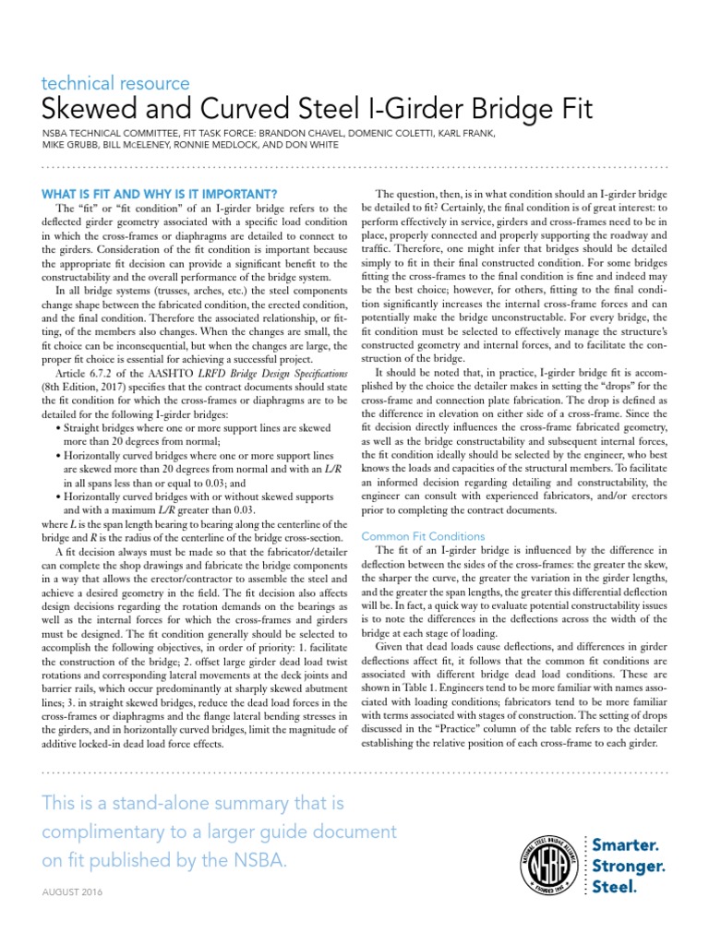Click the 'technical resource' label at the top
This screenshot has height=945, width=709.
click(x=116, y=84)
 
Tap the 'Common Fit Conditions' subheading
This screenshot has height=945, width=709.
click(x=423, y=535)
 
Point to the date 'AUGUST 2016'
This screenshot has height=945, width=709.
click(x=74, y=893)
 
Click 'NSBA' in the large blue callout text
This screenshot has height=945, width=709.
click(x=258, y=861)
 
